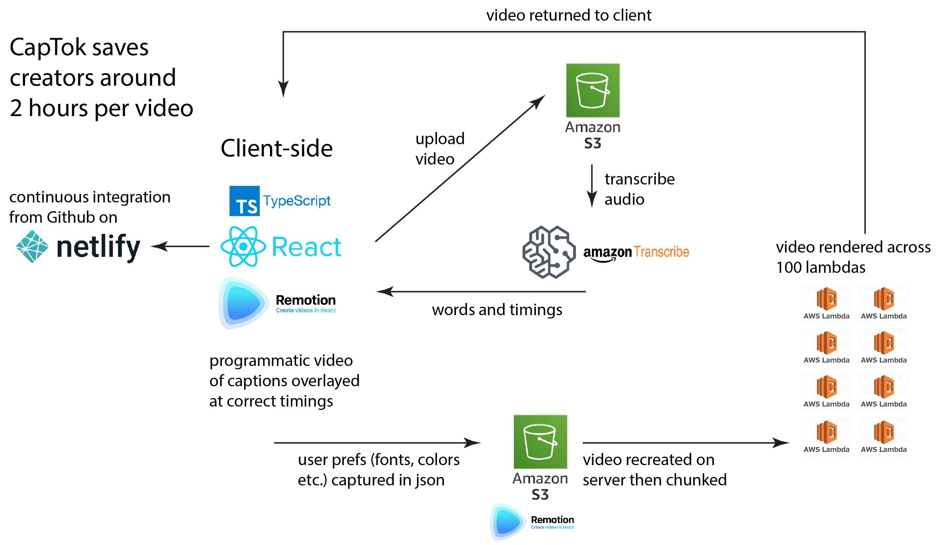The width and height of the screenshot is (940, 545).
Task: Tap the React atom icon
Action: click(243, 246)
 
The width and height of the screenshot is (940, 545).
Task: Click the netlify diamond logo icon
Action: click(32, 246)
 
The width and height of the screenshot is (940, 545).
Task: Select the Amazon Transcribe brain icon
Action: click(549, 252)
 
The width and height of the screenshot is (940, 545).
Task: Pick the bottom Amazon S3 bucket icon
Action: click(540, 441)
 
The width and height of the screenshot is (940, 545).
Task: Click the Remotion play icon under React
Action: click(243, 303)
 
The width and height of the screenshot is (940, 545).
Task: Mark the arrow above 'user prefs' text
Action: click(377, 442)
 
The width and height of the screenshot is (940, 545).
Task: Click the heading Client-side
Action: click(276, 148)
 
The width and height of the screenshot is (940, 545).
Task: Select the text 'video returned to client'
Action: click(568, 15)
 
